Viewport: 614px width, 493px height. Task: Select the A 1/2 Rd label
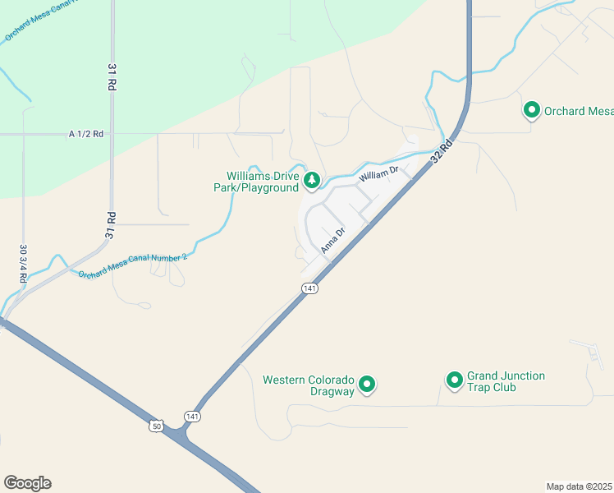(x=87, y=133)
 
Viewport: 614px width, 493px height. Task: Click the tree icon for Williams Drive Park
(x=312, y=180)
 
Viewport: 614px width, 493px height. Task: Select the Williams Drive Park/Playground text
(x=263, y=182)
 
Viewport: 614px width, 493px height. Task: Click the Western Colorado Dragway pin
(x=368, y=384)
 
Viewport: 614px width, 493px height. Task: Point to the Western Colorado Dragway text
(x=308, y=385)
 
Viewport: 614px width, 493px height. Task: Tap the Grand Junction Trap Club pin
(x=454, y=380)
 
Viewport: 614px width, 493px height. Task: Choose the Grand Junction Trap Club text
(x=506, y=381)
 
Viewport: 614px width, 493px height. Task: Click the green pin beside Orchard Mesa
(x=532, y=109)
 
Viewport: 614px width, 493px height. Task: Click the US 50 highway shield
(x=156, y=426)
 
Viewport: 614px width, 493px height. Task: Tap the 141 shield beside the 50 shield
(x=191, y=417)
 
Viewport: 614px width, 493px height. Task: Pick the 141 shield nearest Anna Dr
(x=309, y=288)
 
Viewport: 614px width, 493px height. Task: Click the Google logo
(x=27, y=483)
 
